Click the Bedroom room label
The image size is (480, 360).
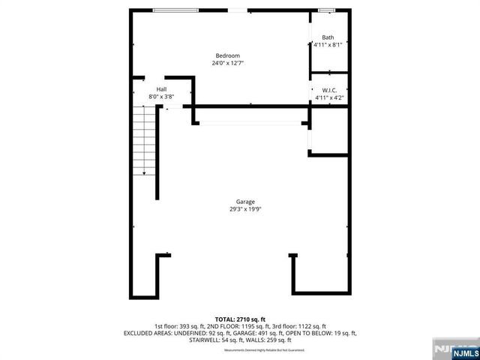(x=227, y=56)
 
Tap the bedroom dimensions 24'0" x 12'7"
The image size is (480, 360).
(x=227, y=63)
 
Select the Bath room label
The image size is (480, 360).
(x=328, y=37)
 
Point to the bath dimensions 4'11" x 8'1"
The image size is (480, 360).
(x=328, y=44)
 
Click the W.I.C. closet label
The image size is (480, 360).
(x=328, y=90)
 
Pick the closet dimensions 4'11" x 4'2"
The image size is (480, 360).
(x=328, y=97)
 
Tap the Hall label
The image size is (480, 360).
(x=161, y=89)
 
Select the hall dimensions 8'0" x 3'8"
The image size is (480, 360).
(x=161, y=96)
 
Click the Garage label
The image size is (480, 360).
(x=245, y=202)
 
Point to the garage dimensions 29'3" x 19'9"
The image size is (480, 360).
(x=245, y=209)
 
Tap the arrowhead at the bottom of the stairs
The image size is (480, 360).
(x=145, y=173)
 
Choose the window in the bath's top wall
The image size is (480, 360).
(x=325, y=10)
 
